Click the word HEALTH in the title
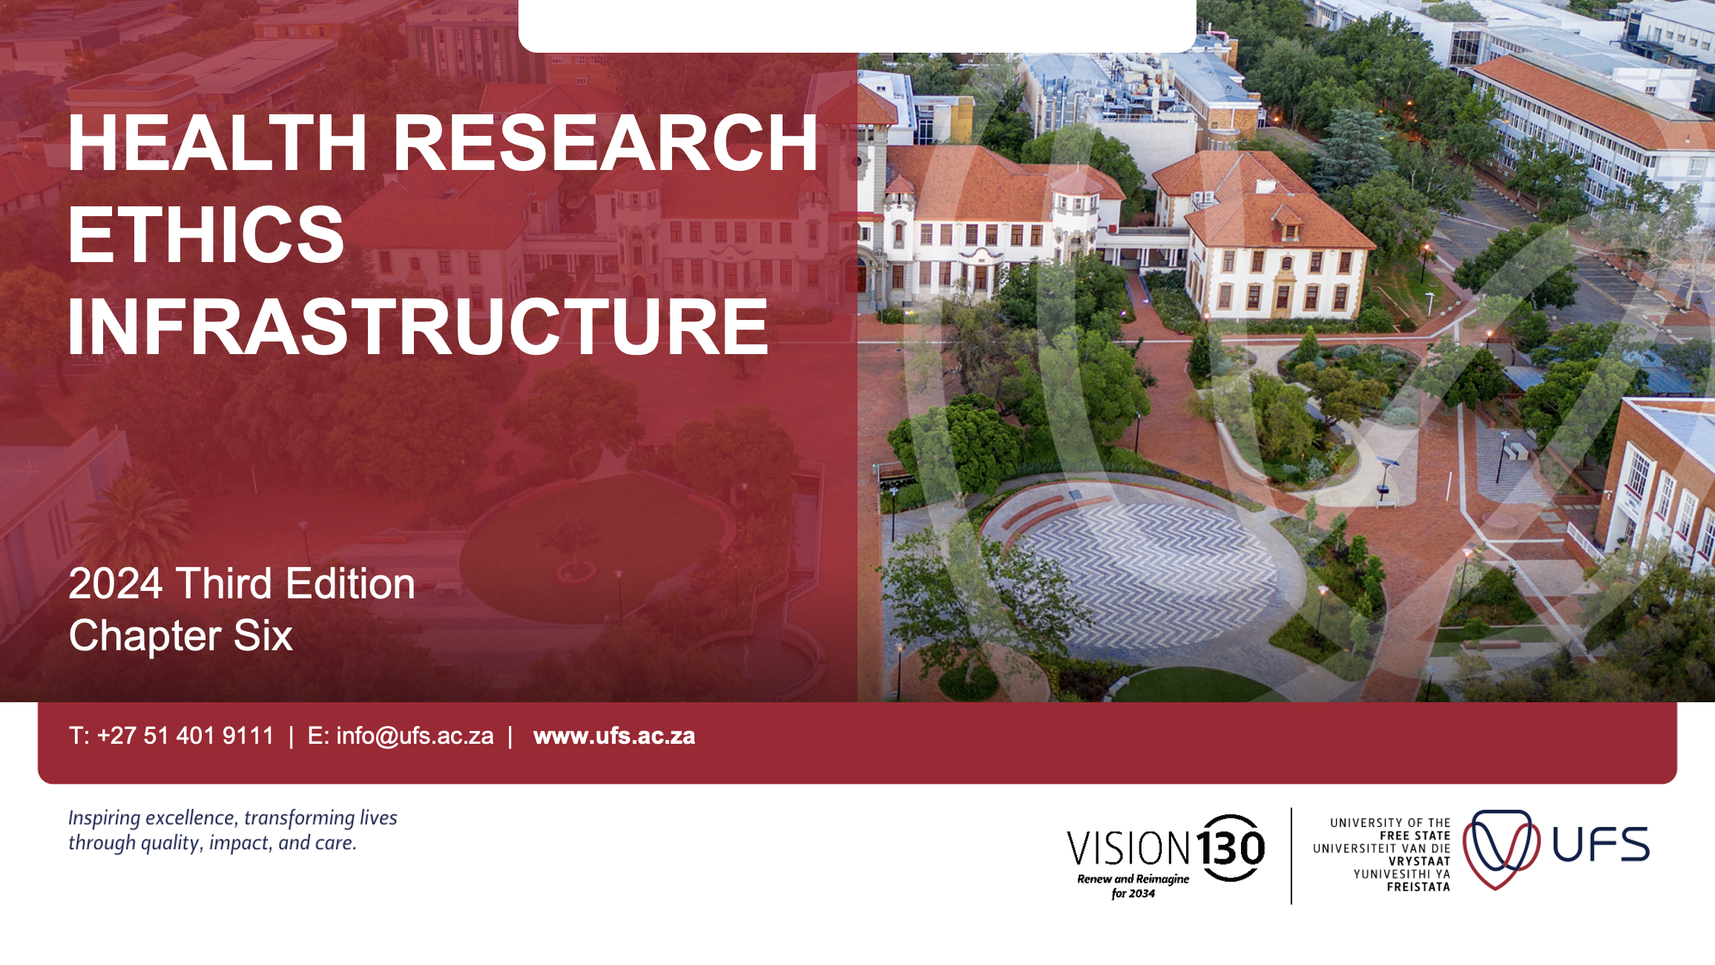click(x=217, y=143)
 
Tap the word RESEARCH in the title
click(x=605, y=143)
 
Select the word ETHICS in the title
click(x=206, y=235)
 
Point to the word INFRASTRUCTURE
click(x=418, y=327)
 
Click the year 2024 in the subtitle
click(x=115, y=583)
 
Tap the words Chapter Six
click(x=181, y=636)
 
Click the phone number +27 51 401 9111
click(x=185, y=736)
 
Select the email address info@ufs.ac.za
click(x=415, y=736)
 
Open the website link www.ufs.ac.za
click(x=614, y=736)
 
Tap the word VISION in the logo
click(x=1128, y=848)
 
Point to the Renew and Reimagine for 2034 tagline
click(x=1133, y=886)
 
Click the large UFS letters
click(x=1601, y=845)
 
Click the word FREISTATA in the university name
click(x=1418, y=887)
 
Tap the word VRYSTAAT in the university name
click(x=1419, y=861)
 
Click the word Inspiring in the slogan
click(x=105, y=818)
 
